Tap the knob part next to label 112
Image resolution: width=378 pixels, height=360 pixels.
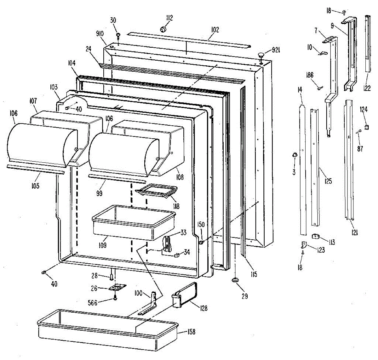pyautogui.click(x=163, y=30)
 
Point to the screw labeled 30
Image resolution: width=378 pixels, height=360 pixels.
pyautogui.click(x=118, y=35)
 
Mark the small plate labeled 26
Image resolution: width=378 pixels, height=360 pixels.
pyautogui.click(x=117, y=288)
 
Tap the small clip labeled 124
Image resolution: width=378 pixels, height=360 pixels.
pyautogui.click(x=366, y=127)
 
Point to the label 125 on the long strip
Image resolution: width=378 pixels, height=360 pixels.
pyautogui.click(x=328, y=181)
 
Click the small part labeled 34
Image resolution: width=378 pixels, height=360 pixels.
pyautogui.click(x=177, y=253)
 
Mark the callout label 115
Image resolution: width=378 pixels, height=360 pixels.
pyautogui.click(x=254, y=274)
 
